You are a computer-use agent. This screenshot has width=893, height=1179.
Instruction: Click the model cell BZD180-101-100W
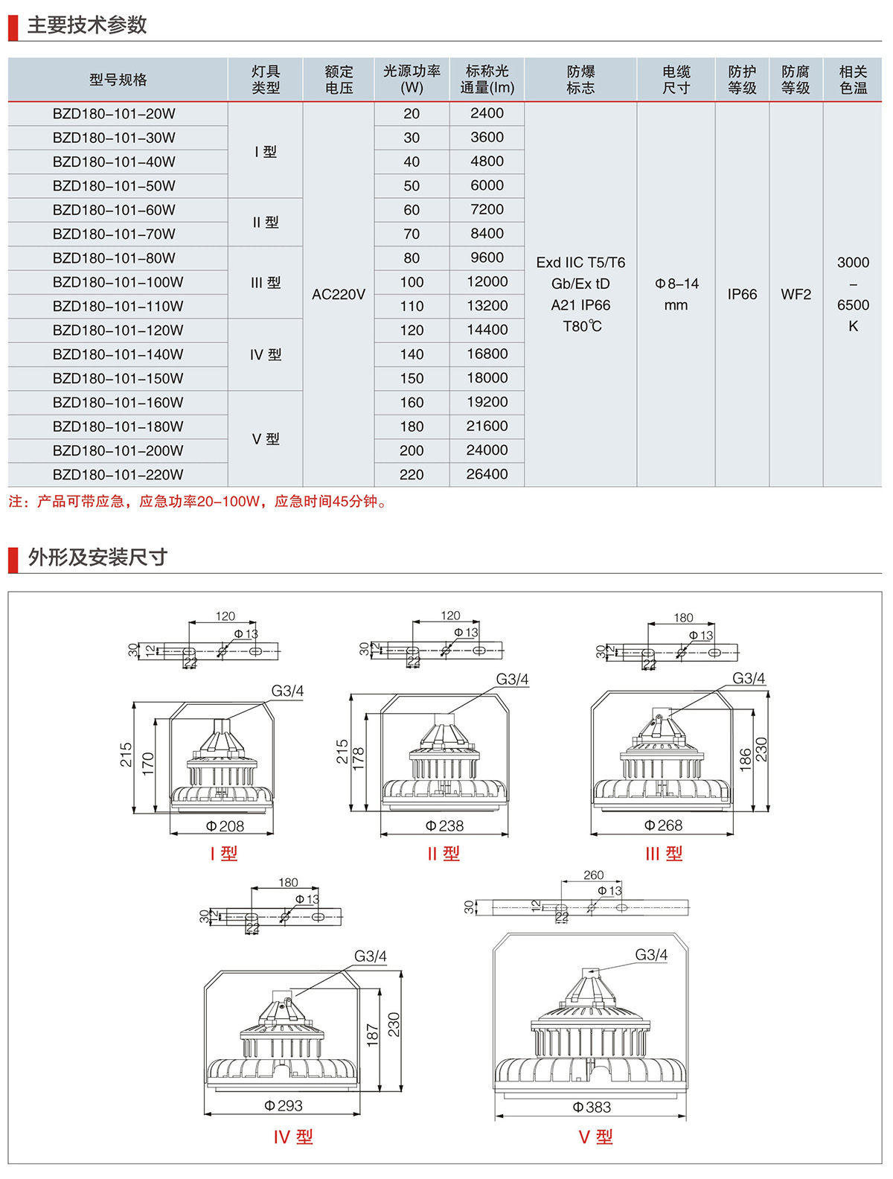[118, 282]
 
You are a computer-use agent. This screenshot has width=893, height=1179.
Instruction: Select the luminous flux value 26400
[487, 474]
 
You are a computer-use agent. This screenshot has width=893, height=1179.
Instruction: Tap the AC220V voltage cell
[339, 295]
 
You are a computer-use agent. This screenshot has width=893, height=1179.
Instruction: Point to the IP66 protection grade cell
[742, 295]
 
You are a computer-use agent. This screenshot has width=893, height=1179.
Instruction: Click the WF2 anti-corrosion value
[796, 295]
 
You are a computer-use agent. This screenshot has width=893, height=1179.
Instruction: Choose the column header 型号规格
[118, 80]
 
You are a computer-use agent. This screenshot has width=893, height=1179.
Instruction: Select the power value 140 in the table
[412, 354]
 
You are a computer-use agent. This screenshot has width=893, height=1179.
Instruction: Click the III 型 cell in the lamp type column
[266, 283]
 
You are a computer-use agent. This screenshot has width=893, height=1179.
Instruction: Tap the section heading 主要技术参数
[87, 25]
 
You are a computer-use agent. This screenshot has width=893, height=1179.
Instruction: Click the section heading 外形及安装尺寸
[97, 557]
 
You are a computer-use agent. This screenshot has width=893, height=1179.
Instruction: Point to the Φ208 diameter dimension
[225, 826]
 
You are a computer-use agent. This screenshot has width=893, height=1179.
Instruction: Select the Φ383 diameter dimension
[592, 1108]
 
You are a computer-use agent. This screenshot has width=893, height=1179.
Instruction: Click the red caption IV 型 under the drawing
[293, 1137]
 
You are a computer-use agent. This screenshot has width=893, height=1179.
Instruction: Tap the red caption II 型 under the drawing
[444, 854]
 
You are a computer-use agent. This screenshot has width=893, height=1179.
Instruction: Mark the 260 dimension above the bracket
[593, 875]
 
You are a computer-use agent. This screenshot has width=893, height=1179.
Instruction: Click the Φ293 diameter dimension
[284, 1106]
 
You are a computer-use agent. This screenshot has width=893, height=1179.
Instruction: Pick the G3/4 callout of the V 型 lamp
[651, 955]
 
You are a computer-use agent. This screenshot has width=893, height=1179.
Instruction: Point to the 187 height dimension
[373, 1035]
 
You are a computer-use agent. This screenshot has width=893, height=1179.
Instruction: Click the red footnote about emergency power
[198, 502]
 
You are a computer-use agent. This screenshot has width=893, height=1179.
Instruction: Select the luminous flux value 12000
[487, 282]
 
